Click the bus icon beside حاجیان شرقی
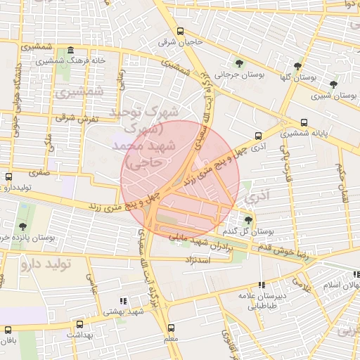[x=181, y=31]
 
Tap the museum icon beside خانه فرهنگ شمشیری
[x=70, y=51]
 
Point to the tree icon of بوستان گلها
[x=298, y=66]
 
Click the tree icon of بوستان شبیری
[x=333, y=84]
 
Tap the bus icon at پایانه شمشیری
[x=304, y=122]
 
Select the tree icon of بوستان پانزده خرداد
[x=24, y=226]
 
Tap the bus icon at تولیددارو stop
[x=8, y=177]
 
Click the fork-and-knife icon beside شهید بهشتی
[x=125, y=300]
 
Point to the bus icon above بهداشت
[x=79, y=325]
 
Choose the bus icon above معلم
[x=171, y=328]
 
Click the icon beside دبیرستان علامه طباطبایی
[x=262, y=285]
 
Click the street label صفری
[x=40, y=170]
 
